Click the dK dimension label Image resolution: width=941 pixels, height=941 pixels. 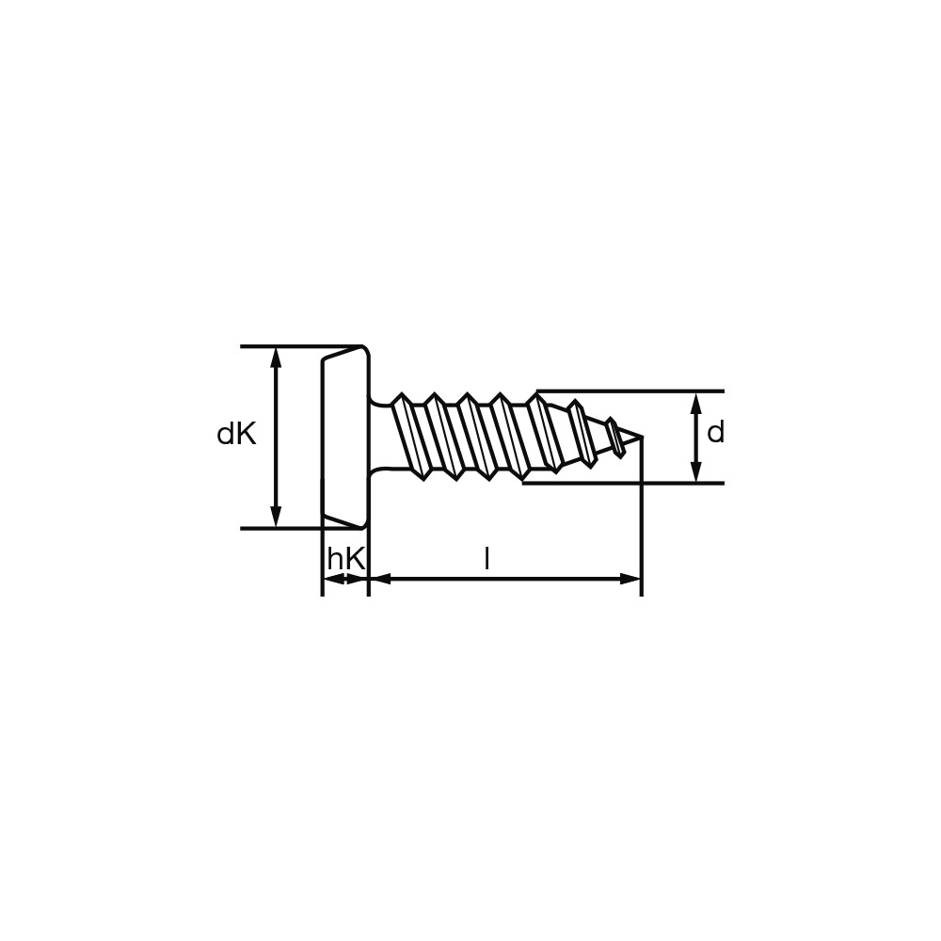236,433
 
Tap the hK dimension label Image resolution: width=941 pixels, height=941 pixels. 346,559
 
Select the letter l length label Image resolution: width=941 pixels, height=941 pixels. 486,559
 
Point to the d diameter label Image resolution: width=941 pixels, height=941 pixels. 716,433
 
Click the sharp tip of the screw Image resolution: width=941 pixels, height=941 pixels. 643,436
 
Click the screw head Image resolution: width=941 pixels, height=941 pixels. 345,438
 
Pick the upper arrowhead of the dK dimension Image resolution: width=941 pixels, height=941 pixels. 276,357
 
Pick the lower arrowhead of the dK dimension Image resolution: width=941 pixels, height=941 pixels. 276,518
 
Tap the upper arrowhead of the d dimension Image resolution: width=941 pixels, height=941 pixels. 695,402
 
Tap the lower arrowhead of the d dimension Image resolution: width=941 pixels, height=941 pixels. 695,471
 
